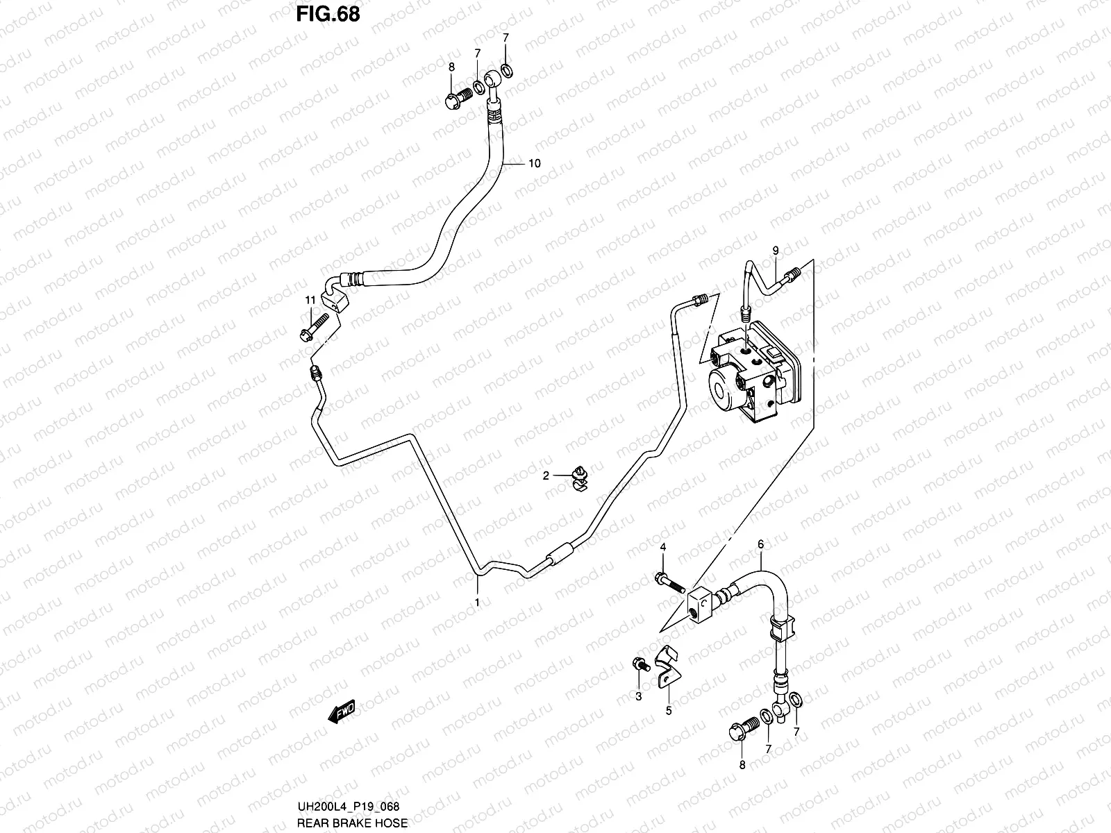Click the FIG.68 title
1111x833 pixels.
[328, 13]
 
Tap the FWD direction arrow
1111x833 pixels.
[342, 712]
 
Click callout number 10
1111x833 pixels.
[534, 164]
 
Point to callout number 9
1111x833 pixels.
[776, 250]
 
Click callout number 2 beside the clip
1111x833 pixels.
[546, 476]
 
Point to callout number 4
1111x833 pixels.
[662, 548]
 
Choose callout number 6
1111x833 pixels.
[760, 545]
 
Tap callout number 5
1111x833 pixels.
[669, 710]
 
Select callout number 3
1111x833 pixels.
[639, 697]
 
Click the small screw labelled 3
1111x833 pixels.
[640, 665]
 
